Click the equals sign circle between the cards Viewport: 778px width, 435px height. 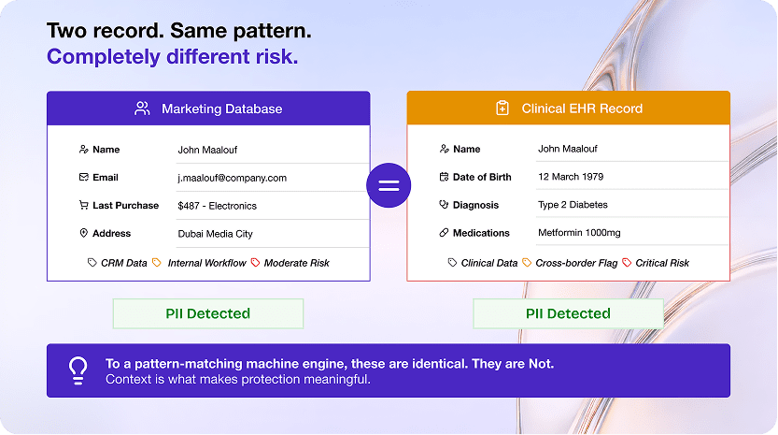(389, 185)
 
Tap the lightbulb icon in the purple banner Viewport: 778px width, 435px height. (78, 370)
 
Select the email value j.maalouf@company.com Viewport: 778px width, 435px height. (233, 178)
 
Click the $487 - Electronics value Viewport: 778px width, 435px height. (218, 206)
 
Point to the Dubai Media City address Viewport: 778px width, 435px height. (216, 234)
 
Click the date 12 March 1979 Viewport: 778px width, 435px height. (571, 177)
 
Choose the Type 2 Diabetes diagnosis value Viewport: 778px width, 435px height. (573, 204)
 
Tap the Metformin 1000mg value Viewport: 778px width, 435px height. (579, 232)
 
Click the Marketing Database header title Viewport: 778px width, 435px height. (221, 109)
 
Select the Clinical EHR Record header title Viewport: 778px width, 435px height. (582, 109)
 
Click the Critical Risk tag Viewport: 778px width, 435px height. (662, 263)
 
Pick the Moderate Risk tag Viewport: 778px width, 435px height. (296, 263)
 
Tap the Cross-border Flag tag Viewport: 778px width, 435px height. (576, 263)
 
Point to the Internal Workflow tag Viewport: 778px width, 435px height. (206, 263)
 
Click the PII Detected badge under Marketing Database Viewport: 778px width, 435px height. (208, 313)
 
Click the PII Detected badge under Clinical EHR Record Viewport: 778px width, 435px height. (568, 313)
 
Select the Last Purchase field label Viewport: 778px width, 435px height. (125, 205)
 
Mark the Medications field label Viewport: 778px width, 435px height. (481, 233)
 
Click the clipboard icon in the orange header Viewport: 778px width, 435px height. (502, 108)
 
